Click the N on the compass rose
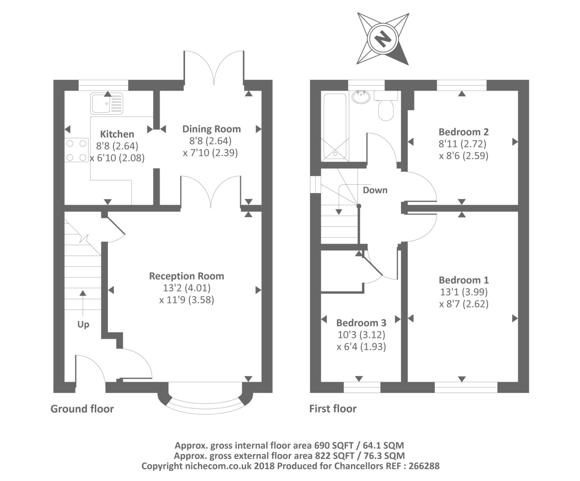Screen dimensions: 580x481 (383, 39)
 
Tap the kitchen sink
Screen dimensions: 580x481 (107, 103)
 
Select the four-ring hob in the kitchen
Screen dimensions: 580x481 (76, 150)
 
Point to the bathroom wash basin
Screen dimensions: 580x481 (361, 97)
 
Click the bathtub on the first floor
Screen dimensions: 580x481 (335, 127)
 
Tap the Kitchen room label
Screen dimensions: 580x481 (117, 134)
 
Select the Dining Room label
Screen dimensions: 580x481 (211, 129)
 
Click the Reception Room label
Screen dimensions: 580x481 (187, 276)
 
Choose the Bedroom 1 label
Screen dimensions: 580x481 (464, 280)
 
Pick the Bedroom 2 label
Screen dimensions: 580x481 (464, 132)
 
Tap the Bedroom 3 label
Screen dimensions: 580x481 (361, 323)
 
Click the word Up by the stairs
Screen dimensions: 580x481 (83, 324)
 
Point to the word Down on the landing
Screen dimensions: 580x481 (375, 190)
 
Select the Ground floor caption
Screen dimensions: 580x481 (82, 409)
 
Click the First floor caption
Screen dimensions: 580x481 (333, 408)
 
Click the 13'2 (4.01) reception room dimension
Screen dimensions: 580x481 (187, 288)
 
